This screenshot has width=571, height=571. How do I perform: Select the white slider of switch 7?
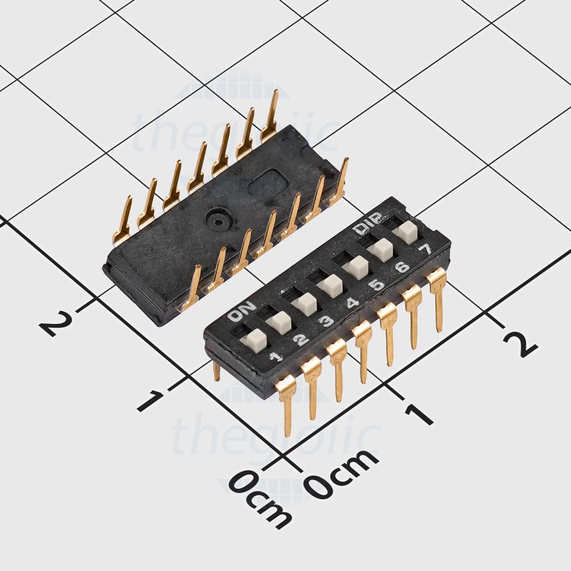tap(407, 231)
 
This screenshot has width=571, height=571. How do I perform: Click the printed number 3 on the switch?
tap(326, 321)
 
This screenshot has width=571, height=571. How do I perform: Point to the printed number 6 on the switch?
tap(402, 267)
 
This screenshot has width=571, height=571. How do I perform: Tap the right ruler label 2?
tap(520, 343)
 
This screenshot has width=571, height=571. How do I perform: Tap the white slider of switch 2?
tap(279, 321)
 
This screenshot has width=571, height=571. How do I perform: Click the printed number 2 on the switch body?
tap(301, 340)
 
